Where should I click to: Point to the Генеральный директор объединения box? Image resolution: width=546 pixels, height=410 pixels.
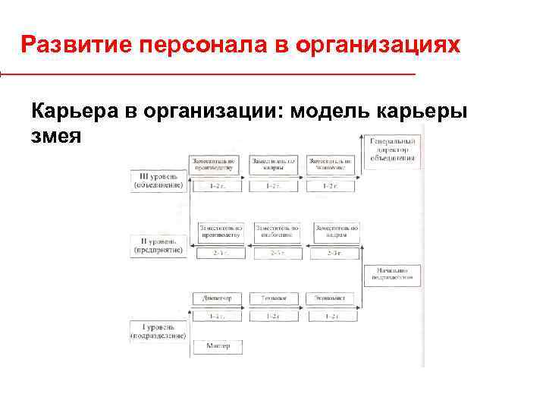pos(392,150)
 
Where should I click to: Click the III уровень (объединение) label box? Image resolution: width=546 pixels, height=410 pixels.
pos(158,180)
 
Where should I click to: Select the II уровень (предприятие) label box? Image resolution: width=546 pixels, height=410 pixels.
pos(158,244)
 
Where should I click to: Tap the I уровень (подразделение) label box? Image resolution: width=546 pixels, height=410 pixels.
pos(158,330)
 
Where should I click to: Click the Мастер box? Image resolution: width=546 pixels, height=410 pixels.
pos(217,346)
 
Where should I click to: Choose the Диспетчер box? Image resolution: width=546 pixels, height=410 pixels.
pos(217,298)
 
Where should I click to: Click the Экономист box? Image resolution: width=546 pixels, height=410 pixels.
pos(331,298)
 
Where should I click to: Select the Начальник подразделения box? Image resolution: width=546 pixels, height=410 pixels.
pos(391,274)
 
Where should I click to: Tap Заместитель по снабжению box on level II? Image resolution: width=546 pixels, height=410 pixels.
pos(277,231)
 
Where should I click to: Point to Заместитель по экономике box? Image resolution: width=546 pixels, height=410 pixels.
pos(331,165)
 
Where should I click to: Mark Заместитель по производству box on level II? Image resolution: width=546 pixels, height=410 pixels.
pos(220,231)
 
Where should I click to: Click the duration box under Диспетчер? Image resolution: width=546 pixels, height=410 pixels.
pos(217,316)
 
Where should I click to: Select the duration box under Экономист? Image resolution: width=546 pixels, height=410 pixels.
pos(331,316)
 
